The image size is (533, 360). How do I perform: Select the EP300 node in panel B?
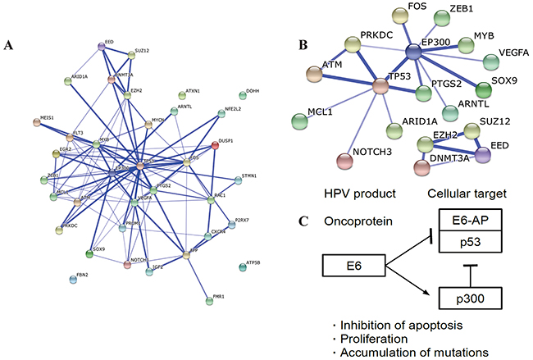click(x=413, y=52)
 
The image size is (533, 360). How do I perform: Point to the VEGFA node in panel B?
click(x=493, y=61)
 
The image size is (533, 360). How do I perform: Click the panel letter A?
click(x=9, y=46)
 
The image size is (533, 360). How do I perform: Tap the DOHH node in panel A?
click(x=242, y=94)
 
